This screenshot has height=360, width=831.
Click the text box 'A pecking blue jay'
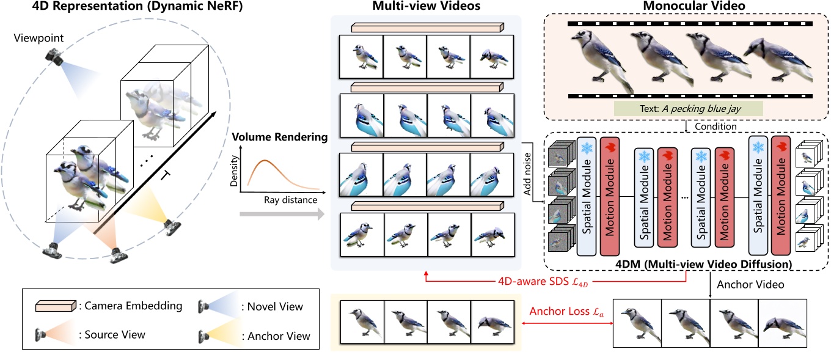(689, 109)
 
